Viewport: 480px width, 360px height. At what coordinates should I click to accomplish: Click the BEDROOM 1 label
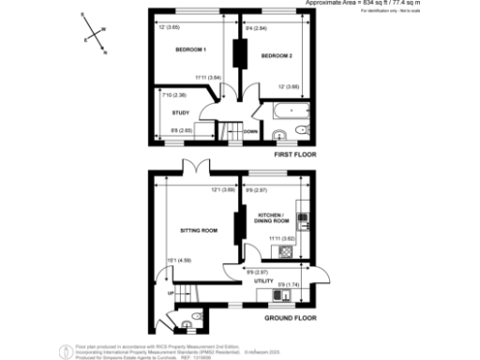pos(190,49)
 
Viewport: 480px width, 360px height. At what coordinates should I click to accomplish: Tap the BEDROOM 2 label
pos(277,56)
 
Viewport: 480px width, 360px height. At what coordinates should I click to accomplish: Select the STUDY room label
pos(181,112)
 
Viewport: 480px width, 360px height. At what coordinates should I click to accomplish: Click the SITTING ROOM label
pos(198,230)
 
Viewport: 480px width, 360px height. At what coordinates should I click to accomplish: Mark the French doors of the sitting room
pos(195,170)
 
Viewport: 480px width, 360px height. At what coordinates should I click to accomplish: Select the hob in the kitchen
pos(303,220)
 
